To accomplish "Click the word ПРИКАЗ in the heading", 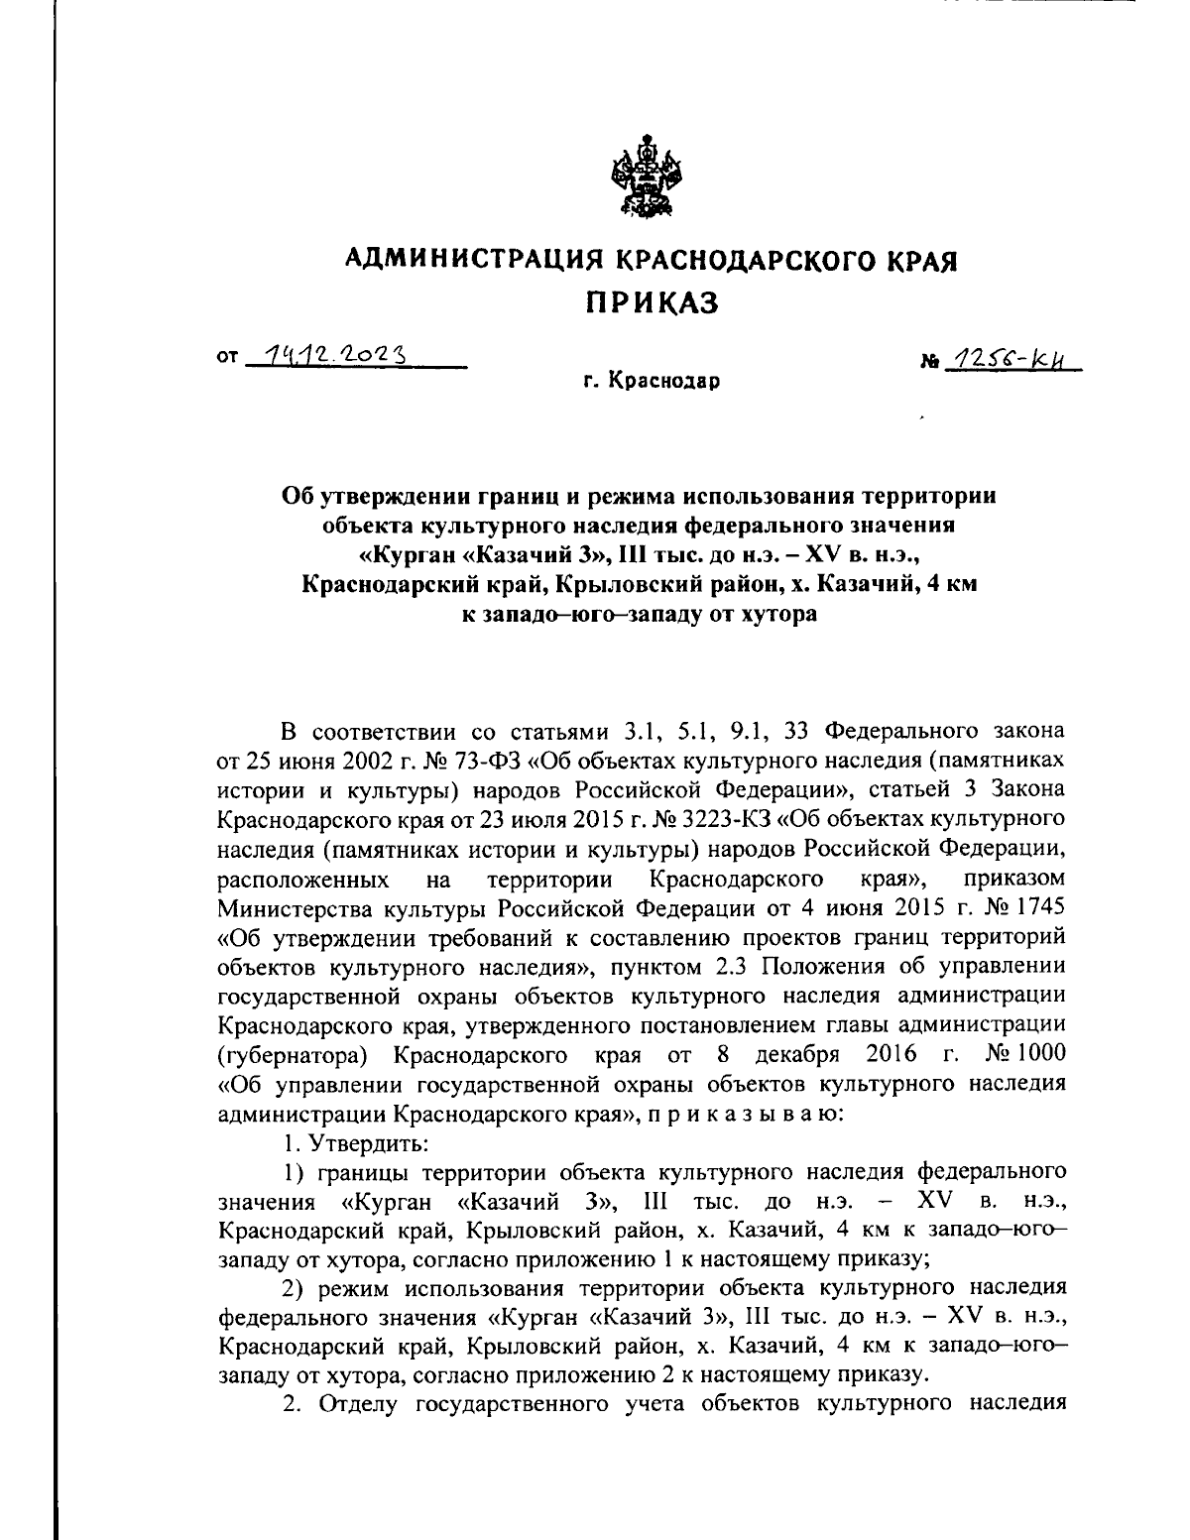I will coord(649,301).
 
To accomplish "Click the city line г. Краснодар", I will coord(651,381).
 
